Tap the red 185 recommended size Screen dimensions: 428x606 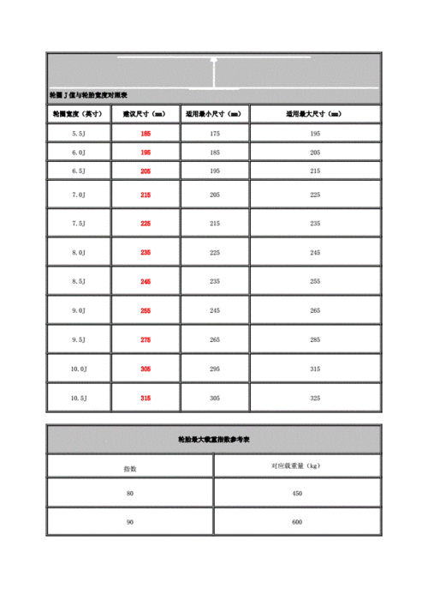pos(146,134)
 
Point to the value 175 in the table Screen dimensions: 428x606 pos(215,134)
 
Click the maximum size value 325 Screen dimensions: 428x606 pos(315,398)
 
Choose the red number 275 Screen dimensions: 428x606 pos(146,339)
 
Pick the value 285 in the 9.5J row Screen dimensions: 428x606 pos(315,339)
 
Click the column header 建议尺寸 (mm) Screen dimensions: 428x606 pos(146,113)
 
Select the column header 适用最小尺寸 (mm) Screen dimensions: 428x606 pos(215,113)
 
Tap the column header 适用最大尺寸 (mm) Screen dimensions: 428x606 pos(315,113)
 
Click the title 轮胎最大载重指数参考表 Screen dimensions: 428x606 pos(214,439)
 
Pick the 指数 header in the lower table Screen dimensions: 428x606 pos(130,468)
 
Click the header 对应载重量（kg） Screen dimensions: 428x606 pos(296,466)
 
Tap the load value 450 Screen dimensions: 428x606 pos(296,494)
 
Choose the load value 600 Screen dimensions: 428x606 pos(296,522)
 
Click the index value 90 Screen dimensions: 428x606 pos(130,522)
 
